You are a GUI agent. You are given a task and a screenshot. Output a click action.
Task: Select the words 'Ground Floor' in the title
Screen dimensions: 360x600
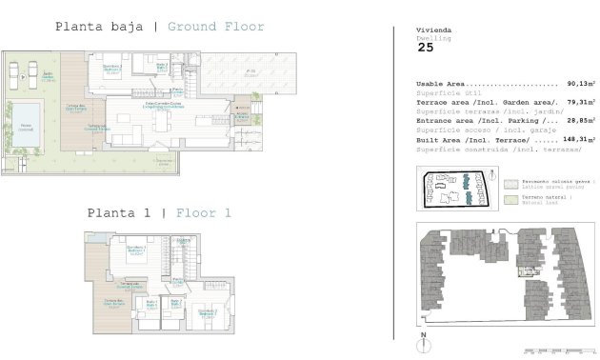(216, 27)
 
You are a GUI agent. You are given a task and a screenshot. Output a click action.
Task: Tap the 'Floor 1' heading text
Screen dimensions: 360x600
(204, 212)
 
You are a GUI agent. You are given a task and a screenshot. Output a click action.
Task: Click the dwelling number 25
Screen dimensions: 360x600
(426, 47)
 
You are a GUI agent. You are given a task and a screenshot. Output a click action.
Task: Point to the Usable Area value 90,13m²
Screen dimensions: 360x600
(579, 85)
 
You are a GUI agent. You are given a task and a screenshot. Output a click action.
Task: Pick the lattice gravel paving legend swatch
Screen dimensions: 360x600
(511, 182)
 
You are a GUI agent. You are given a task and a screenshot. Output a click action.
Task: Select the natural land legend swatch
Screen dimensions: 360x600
(511, 201)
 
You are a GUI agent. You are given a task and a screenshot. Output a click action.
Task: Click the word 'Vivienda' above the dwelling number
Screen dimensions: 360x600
(430, 30)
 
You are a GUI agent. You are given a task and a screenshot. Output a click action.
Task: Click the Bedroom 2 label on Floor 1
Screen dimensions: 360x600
(206, 312)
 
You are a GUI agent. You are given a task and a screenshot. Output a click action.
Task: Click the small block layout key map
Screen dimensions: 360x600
(458, 189)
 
